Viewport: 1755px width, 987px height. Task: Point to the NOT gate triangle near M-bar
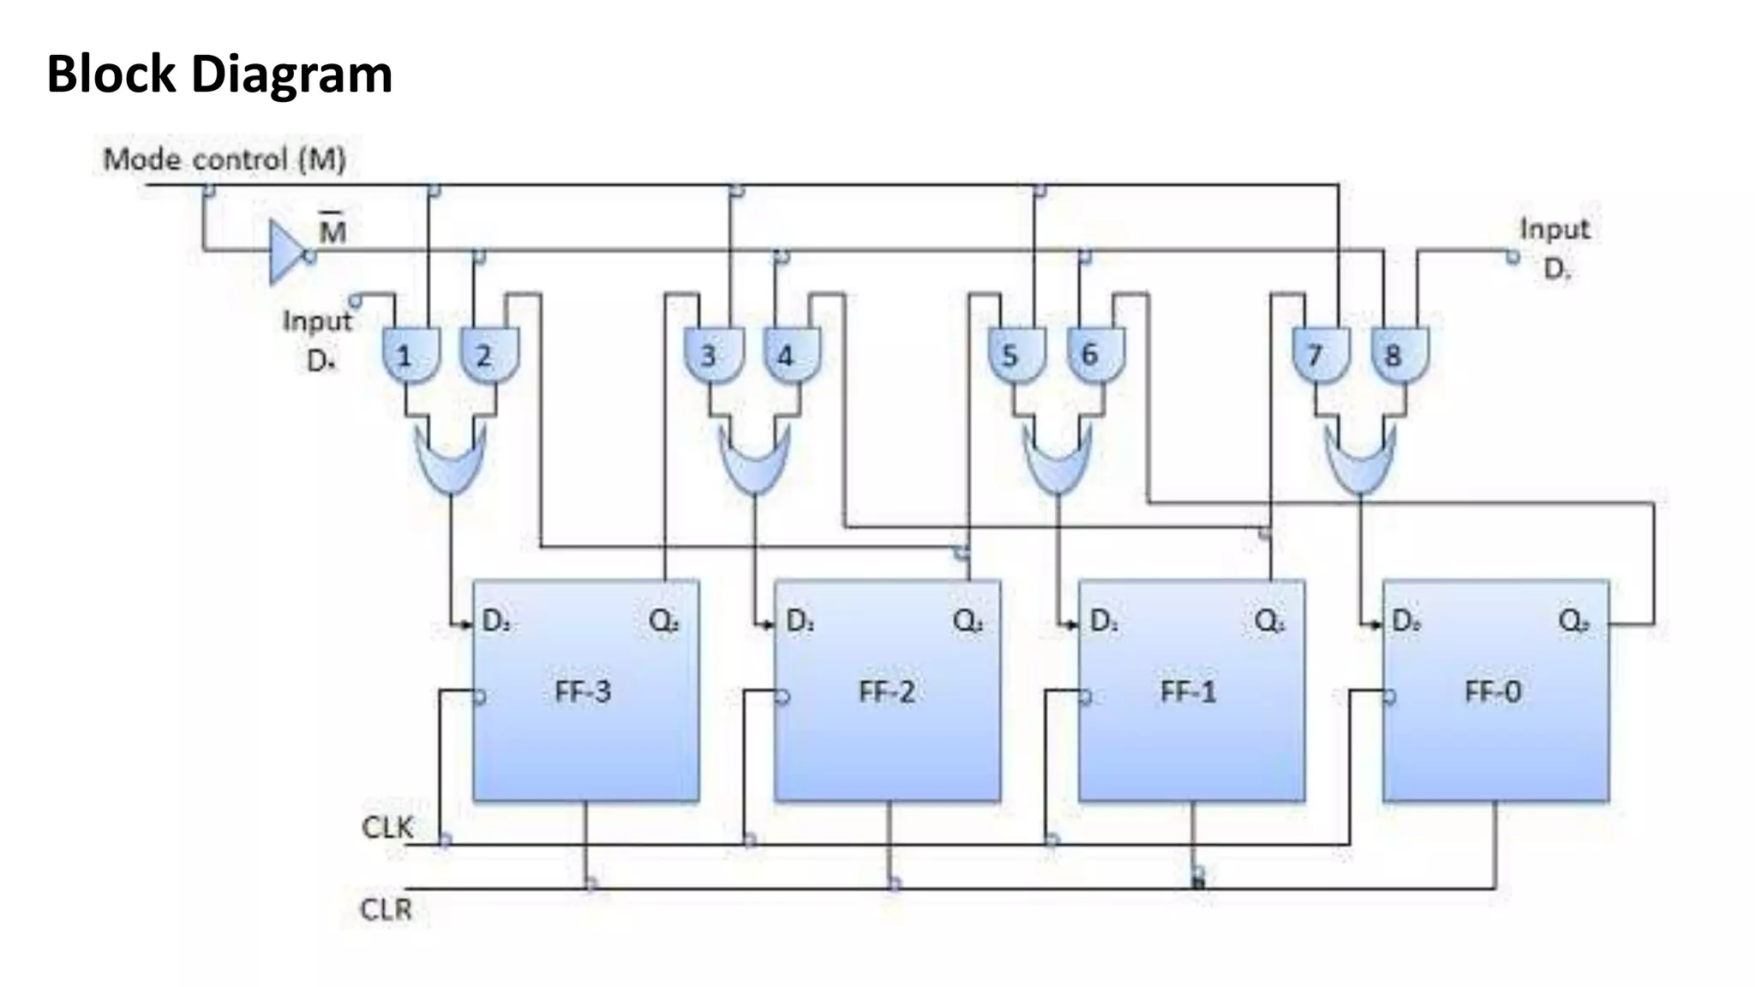pos(286,251)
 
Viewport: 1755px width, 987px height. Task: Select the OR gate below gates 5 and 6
pos(1057,461)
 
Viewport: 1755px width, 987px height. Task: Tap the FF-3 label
pos(583,691)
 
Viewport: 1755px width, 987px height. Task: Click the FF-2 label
pos(886,691)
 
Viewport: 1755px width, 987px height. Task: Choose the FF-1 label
pos(1189,691)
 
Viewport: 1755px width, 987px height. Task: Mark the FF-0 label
pos(1493,691)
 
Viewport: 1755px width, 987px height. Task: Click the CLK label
pos(387,828)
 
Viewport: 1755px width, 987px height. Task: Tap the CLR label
pos(386,909)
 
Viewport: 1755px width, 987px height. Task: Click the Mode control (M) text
pos(225,159)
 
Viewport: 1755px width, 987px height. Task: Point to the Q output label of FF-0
pos(1574,620)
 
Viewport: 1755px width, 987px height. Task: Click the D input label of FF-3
pos(496,620)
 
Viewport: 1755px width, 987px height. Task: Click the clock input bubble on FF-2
pos(782,697)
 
